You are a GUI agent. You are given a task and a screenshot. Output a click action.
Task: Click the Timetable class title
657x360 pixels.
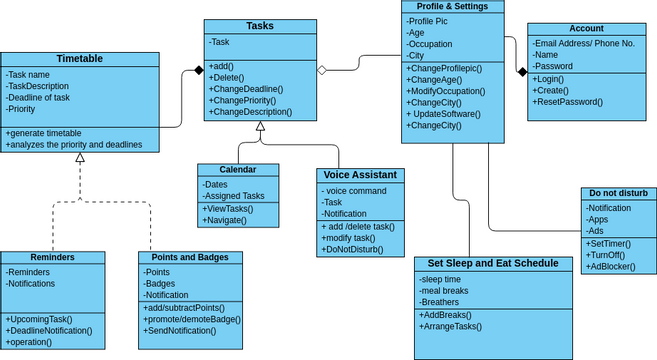coord(79,59)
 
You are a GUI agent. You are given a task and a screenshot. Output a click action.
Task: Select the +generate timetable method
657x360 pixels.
coord(43,133)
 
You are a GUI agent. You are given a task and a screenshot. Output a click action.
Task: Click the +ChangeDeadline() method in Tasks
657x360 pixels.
coord(246,89)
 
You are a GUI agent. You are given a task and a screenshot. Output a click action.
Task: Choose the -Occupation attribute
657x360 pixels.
coord(431,44)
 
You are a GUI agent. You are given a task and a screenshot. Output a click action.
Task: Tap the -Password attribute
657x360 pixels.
coord(554,66)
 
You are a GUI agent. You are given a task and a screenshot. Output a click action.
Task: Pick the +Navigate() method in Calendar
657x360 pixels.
coord(226,219)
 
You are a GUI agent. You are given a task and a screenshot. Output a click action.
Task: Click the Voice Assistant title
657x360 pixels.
coord(360,175)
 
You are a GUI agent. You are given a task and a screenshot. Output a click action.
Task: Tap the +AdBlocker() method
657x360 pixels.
coord(613,268)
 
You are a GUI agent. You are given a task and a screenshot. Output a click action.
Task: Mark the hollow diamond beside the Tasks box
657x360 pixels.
coord(322,70)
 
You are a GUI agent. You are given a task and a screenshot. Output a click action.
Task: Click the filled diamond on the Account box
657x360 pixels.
coord(520,71)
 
